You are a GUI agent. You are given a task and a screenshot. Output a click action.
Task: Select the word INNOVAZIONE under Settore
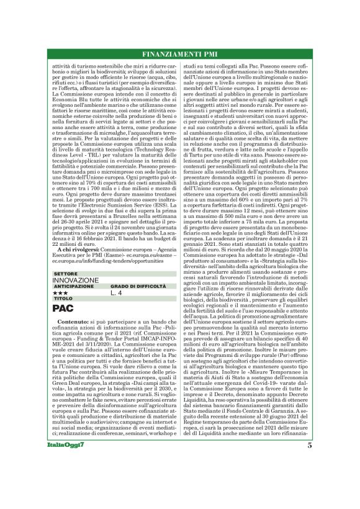(76, 281)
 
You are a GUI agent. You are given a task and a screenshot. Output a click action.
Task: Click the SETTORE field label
(66, 273)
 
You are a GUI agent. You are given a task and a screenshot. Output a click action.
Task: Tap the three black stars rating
(60, 292)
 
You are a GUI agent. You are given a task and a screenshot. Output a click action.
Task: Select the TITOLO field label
(63, 299)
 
